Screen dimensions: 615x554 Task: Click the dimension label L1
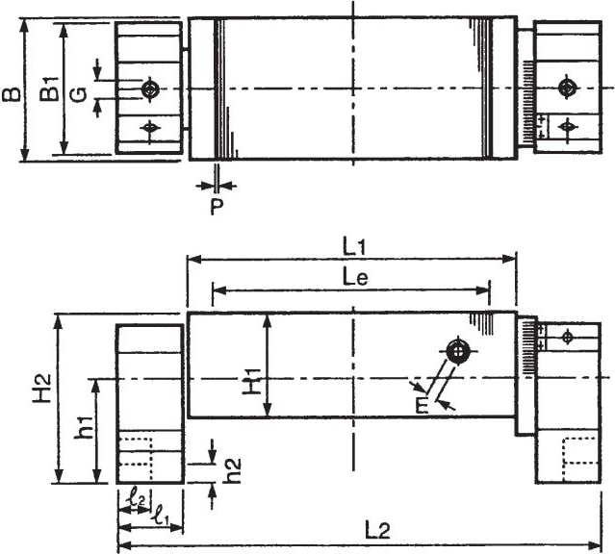(x=354, y=247)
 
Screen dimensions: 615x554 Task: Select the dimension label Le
(x=355, y=278)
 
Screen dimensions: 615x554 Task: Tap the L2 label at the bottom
(x=378, y=531)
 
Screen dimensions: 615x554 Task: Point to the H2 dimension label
(x=42, y=388)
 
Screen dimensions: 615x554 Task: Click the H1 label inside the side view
(x=251, y=381)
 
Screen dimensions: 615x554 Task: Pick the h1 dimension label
(x=85, y=427)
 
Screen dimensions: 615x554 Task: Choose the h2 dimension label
(x=233, y=470)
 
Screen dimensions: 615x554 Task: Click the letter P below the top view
(x=217, y=206)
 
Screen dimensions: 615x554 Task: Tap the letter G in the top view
(x=80, y=94)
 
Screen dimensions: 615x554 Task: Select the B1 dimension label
(x=50, y=88)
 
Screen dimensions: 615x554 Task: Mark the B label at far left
(x=11, y=94)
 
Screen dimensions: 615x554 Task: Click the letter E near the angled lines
(x=422, y=406)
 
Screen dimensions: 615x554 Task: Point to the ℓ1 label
(x=162, y=515)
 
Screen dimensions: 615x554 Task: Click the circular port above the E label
(x=457, y=351)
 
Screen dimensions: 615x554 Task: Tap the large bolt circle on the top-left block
(x=149, y=89)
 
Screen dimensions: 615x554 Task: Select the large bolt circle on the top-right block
(x=567, y=88)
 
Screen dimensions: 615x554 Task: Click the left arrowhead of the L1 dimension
(x=193, y=259)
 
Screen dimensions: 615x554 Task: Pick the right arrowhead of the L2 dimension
(x=595, y=545)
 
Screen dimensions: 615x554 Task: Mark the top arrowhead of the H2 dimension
(x=59, y=320)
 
